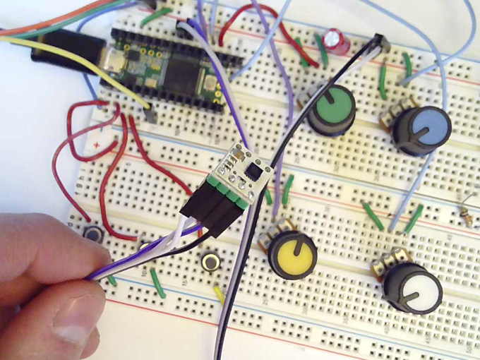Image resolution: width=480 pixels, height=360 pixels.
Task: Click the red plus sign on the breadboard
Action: (96, 147)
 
